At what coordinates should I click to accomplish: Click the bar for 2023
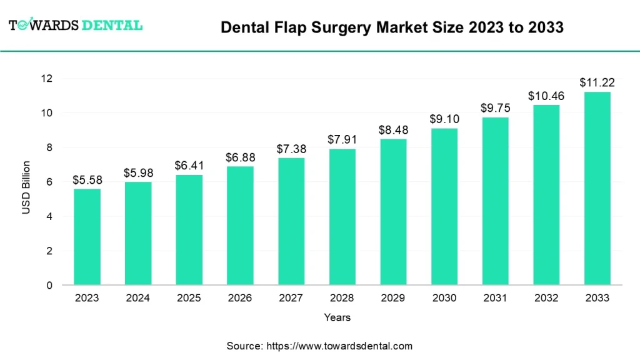coord(87,237)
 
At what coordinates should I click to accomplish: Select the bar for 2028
coord(342,217)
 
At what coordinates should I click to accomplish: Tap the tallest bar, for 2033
coord(597,188)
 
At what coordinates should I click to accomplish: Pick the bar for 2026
coord(240,226)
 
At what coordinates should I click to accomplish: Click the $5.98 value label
coord(137,172)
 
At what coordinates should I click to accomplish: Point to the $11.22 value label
coord(597,82)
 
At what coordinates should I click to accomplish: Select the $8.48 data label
coord(393,130)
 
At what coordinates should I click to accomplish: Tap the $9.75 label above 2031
coord(495,108)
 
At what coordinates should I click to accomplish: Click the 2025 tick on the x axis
coord(189,299)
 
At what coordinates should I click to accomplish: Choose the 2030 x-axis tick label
coord(444,299)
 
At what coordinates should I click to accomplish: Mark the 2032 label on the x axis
coord(546,299)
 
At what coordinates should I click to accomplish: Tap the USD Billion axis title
coord(26,187)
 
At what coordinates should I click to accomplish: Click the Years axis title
coord(337,317)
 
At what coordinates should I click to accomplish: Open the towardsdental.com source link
coord(339,346)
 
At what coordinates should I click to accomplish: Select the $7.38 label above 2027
coord(291,149)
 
